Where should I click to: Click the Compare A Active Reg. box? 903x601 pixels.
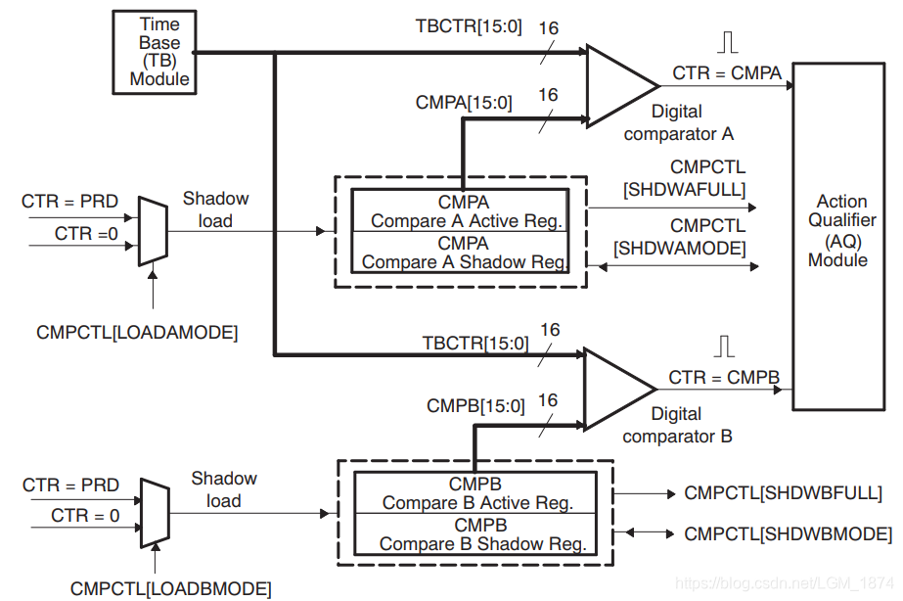460,211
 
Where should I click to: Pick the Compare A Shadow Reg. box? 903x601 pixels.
460,253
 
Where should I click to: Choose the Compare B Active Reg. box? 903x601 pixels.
474,493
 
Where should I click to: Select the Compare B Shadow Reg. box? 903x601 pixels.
474,534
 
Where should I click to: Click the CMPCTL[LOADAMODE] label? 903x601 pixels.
137,332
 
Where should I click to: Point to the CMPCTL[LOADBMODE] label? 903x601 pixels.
171,588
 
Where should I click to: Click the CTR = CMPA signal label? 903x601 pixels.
727,72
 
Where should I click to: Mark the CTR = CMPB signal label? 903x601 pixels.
724,378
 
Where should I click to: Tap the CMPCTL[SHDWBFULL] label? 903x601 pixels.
784,493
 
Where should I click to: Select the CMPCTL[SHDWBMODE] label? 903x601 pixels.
788,534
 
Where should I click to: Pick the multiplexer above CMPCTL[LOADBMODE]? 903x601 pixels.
155,512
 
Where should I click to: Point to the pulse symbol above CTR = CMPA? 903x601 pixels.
726,42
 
